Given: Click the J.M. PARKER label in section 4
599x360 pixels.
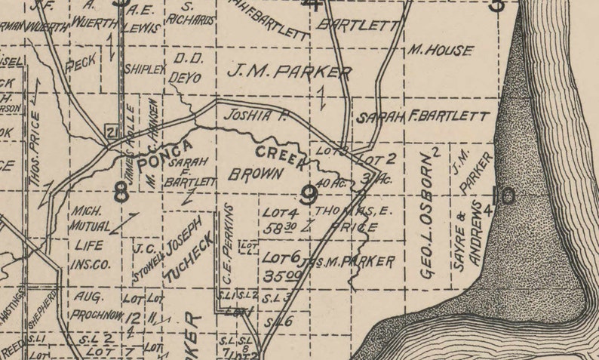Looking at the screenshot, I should (288, 72).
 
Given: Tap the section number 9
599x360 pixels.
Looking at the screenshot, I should (307, 196).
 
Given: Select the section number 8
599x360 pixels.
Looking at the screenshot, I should (121, 193).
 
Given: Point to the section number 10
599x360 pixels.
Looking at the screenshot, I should (503, 196).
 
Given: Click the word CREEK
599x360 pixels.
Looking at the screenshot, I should (280, 156).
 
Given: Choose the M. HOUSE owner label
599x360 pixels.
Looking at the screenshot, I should (440, 51).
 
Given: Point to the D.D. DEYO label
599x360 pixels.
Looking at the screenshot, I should (189, 68).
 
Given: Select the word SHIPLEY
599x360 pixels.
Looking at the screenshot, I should (144, 69).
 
